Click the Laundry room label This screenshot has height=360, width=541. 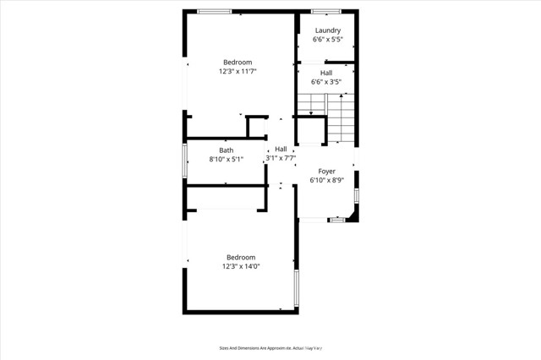coord(327,30)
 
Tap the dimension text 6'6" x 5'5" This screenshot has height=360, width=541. coord(327,40)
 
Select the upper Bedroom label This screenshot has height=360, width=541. coord(238,63)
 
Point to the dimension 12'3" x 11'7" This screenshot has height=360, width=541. coord(238,72)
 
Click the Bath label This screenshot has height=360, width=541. coord(227,150)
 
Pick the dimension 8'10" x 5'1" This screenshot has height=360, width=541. coord(227,159)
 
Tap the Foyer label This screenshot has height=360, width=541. coord(326,172)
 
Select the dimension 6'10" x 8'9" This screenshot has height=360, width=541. coord(326,180)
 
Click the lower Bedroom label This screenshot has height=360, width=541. coord(240,257)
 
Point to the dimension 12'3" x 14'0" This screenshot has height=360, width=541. coord(240,266)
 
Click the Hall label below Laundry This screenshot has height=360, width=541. coord(326,73)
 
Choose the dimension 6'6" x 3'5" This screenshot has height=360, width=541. coord(326,82)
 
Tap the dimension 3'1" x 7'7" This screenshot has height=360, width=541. coord(281,158)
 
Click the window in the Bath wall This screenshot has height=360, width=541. coord(185,161)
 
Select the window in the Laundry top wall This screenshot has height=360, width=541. coord(325,11)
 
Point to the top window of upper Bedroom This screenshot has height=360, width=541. coord(215,11)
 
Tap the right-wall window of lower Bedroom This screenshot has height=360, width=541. coord(296,288)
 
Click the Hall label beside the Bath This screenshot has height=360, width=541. coord(281,149)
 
